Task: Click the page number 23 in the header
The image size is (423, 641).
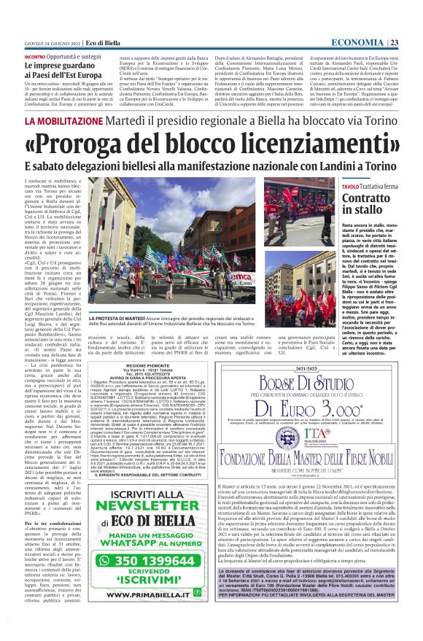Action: click(x=413, y=42)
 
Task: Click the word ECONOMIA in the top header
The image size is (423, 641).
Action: click(x=379, y=42)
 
